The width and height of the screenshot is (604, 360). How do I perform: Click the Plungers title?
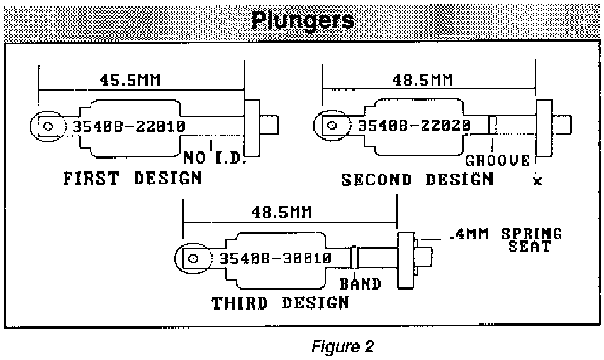[x=302, y=20]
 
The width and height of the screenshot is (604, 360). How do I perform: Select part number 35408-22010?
[x=129, y=126]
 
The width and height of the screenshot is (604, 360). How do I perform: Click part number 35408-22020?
[x=414, y=125]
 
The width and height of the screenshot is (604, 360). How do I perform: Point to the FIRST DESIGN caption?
[x=133, y=178]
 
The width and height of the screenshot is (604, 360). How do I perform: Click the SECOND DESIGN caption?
[x=417, y=179]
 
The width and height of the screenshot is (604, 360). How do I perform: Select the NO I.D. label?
[x=214, y=157]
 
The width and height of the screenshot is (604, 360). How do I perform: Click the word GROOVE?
[x=497, y=161]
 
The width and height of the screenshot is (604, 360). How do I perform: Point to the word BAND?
[x=361, y=284]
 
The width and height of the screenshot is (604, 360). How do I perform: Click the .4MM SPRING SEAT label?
[x=506, y=239]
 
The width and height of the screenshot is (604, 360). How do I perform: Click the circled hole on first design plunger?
[x=48, y=126]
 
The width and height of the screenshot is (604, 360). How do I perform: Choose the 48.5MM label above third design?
[x=281, y=211]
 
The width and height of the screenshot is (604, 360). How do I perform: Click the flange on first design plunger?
[x=252, y=129]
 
